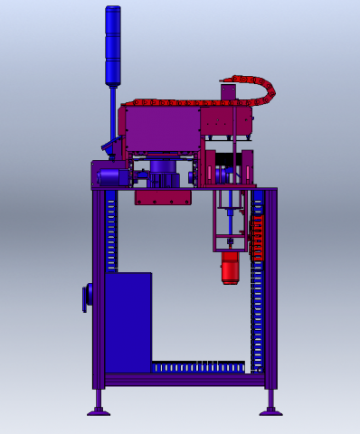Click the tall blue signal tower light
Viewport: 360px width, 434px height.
pos(113,45)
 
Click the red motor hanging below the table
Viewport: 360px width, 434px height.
pos(230,267)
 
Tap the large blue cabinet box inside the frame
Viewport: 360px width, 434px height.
pos(128,316)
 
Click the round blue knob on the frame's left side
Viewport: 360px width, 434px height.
pos(87,297)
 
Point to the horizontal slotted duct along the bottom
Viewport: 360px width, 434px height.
pos(199,367)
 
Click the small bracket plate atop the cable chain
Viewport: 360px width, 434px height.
pos(228,92)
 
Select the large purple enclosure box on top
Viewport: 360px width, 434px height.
pos(163,129)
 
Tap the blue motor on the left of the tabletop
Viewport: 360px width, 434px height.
pos(112,177)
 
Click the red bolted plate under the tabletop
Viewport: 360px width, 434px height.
pos(164,197)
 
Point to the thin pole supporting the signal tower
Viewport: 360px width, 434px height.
pos(114,113)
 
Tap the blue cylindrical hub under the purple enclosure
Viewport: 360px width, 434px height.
pos(163,166)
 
